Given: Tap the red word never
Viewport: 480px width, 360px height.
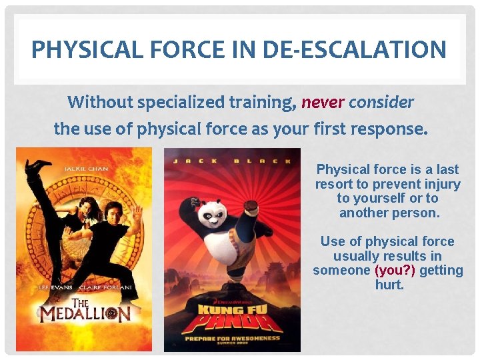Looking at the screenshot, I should point(323,103).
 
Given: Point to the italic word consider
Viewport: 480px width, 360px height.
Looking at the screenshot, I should point(381,103).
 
